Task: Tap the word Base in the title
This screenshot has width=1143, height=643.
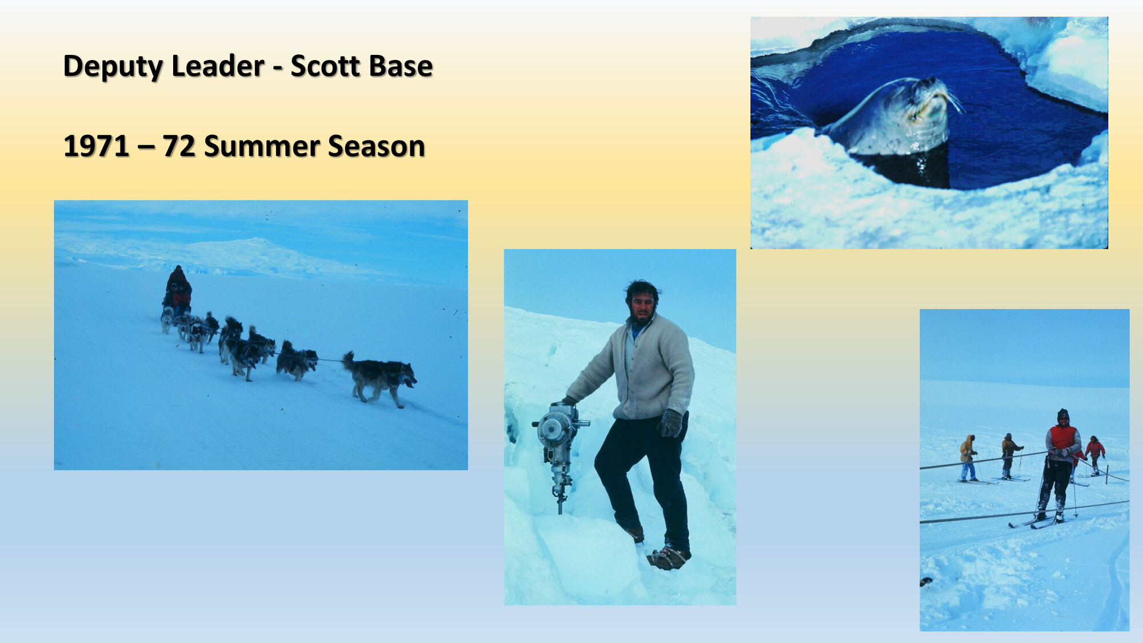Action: tap(401, 66)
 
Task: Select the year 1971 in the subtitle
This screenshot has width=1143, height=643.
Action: tap(96, 146)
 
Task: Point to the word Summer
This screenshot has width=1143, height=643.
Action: tap(261, 146)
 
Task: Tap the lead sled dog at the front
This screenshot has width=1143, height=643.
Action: tap(380, 377)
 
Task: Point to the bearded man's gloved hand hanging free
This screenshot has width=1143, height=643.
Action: tap(671, 424)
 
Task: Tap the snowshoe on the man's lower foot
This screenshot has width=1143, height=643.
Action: tap(669, 557)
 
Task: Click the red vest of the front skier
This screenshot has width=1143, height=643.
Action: tap(1063, 437)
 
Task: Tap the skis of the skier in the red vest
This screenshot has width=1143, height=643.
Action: tap(1037, 522)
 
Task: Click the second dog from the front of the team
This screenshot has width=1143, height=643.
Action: tap(297, 361)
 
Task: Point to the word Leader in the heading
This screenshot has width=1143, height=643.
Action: tap(217, 66)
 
